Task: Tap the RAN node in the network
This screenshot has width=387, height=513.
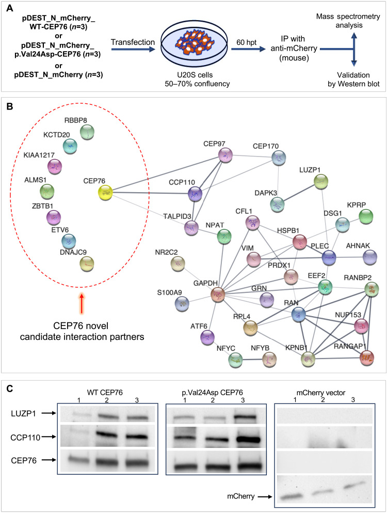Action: coord(299,314)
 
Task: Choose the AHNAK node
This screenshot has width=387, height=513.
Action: coord(370,257)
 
